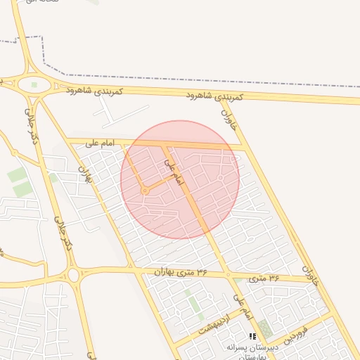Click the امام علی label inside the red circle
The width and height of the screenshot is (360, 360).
pyautogui.click(x=173, y=171)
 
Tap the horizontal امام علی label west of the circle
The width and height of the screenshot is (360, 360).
pyautogui.click(x=99, y=143)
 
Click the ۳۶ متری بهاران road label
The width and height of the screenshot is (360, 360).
pyautogui.click(x=182, y=271)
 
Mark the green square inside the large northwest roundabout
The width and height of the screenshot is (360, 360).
pyautogui.click(x=34, y=85)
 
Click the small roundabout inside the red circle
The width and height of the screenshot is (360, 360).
pyautogui.click(x=145, y=191)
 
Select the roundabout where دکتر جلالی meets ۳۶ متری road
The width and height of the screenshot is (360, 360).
pyautogui.click(x=73, y=274)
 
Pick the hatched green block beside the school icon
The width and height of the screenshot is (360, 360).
pyautogui.click(x=265, y=328)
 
